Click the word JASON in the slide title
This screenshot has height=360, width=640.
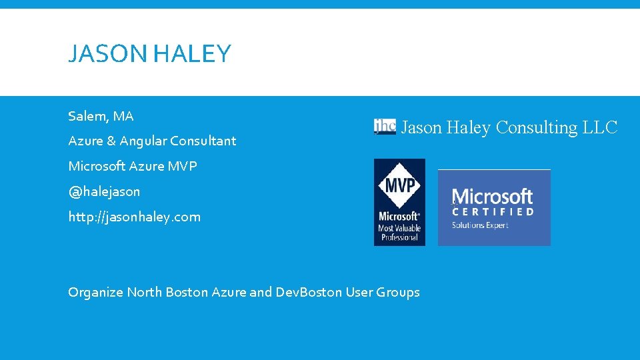(108, 54)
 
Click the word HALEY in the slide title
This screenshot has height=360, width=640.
(192, 54)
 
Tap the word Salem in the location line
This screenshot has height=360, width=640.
(88, 117)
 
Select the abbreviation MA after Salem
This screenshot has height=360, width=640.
(123, 117)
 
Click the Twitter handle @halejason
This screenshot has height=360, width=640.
(104, 192)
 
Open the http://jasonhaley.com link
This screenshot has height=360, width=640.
(134, 217)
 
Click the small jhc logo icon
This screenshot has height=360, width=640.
(385, 127)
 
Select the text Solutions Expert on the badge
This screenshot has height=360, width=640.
(480, 225)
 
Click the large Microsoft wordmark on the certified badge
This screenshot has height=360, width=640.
(493, 197)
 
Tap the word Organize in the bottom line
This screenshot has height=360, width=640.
(95, 293)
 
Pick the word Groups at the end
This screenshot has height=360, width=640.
(398, 293)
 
